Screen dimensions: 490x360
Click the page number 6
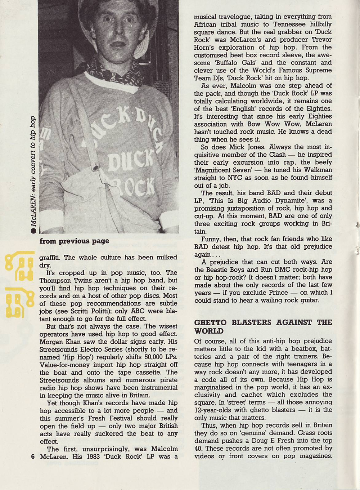33,456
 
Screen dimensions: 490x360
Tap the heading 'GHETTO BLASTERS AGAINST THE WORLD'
263,326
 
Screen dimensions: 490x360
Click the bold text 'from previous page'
74,241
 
